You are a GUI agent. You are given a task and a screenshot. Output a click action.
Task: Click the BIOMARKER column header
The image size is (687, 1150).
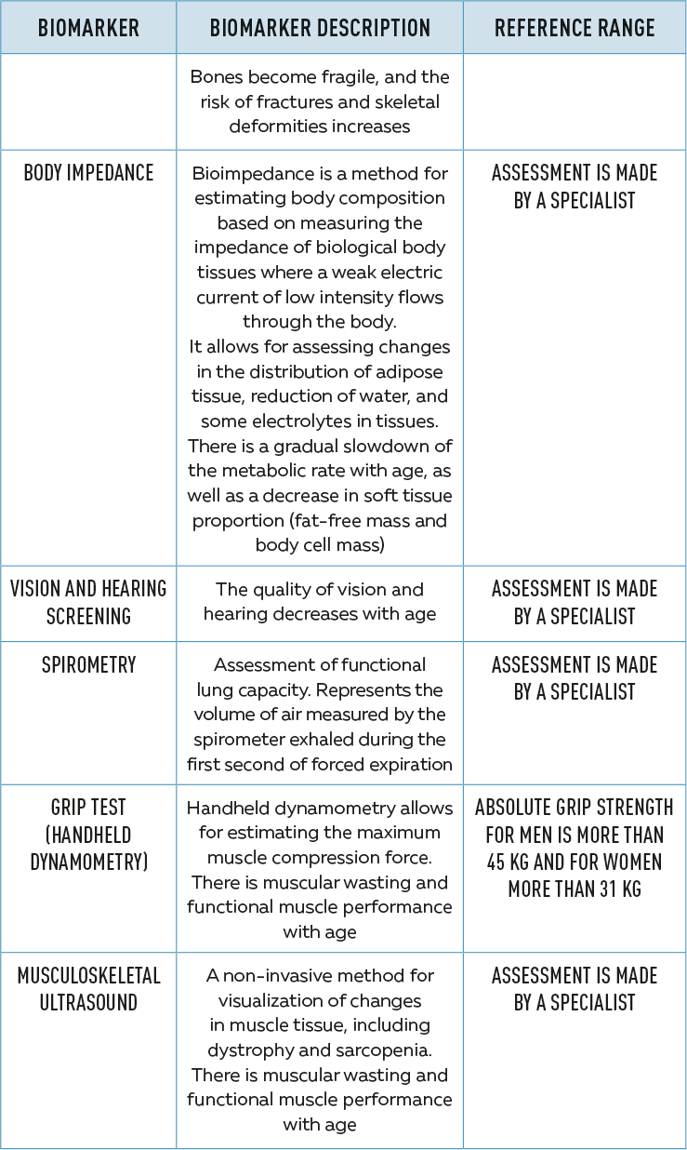click(x=88, y=28)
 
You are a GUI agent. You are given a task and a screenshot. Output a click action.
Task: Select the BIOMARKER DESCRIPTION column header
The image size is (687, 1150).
click(x=320, y=28)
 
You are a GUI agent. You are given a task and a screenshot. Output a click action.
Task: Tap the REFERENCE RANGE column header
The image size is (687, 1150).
click(x=575, y=28)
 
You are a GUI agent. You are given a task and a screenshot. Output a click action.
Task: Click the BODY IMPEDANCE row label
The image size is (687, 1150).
click(x=88, y=173)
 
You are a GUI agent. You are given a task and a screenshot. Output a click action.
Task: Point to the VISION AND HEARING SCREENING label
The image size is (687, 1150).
click(x=88, y=602)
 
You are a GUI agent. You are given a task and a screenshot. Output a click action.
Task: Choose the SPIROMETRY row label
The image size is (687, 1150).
click(x=88, y=665)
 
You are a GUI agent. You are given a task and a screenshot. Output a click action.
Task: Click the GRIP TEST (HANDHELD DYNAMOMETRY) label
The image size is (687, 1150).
click(x=88, y=835)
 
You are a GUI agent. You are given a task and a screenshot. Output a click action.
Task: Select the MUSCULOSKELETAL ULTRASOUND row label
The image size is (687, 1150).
click(x=88, y=989)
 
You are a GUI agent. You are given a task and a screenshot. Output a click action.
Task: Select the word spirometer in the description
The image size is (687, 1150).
click(x=237, y=740)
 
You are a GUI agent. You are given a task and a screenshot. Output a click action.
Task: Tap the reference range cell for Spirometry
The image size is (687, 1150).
click(x=575, y=678)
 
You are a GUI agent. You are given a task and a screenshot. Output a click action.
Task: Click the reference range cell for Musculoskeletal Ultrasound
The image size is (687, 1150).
click(x=575, y=989)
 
